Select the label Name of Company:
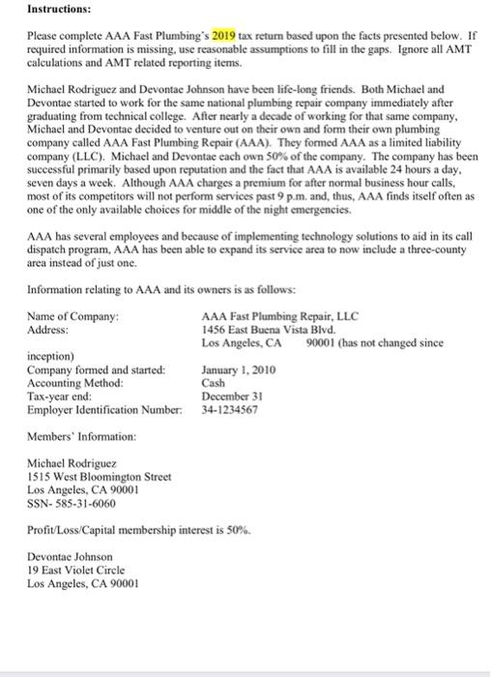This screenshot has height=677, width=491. coord(73,316)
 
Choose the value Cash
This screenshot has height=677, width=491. coord(214,383)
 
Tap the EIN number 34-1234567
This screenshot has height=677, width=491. coord(230,410)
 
